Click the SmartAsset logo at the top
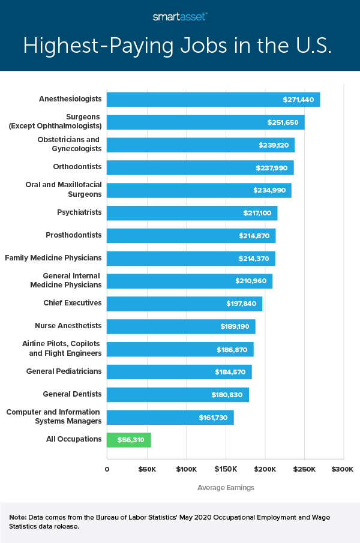[180, 17]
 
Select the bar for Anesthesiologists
[213, 100]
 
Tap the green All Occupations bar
[128, 440]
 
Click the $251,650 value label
[283, 122]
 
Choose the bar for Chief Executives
[184, 304]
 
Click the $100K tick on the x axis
[186, 468]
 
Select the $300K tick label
[343, 468]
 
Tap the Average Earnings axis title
[226, 488]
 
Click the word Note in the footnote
[17, 517]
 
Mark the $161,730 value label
[213, 418]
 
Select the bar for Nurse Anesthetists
[181, 326]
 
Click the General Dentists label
[72, 394]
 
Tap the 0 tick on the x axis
[107, 468]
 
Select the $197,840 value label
[242, 304]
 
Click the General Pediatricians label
[64, 371]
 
